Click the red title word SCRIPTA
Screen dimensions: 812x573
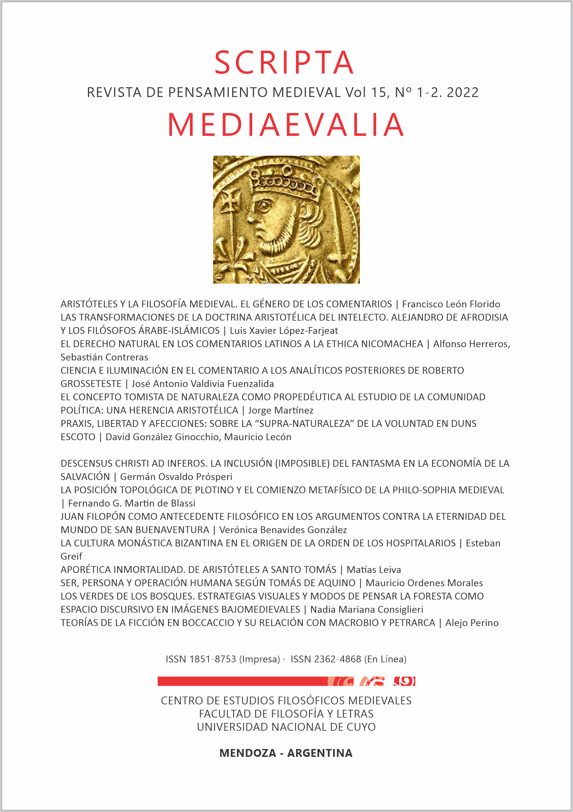tap(284, 63)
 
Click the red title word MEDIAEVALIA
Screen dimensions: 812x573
tap(286, 125)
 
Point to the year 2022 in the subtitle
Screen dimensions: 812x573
tap(463, 93)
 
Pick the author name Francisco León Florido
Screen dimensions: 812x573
tap(451, 304)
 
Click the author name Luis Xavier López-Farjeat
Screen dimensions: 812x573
tap(284, 331)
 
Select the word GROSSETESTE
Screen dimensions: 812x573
tap(91, 384)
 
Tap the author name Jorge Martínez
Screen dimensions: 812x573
tap(281, 410)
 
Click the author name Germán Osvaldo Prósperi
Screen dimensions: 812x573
tap(176, 477)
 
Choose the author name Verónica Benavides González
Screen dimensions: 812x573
tap(283, 530)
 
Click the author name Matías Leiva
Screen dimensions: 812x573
tap(374, 570)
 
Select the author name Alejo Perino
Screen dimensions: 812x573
tap(472, 623)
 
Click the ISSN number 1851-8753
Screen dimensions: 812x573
tap(212, 659)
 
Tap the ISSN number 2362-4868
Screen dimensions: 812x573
tap(337, 659)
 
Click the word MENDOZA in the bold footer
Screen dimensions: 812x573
tap(248, 753)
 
